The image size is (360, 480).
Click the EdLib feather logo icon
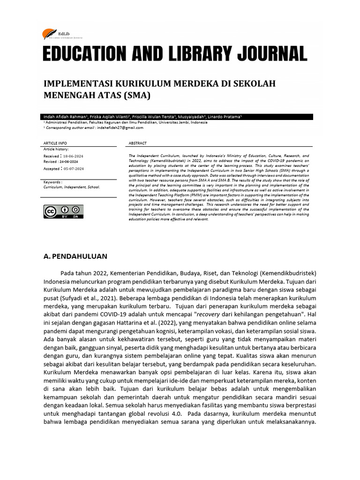(47, 34)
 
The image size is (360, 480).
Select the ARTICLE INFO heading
(55, 143)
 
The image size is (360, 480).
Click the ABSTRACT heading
(137, 143)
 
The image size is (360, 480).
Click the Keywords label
(52, 181)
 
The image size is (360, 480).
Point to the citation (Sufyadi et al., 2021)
(88, 298)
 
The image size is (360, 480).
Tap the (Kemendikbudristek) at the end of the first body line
(285, 273)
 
